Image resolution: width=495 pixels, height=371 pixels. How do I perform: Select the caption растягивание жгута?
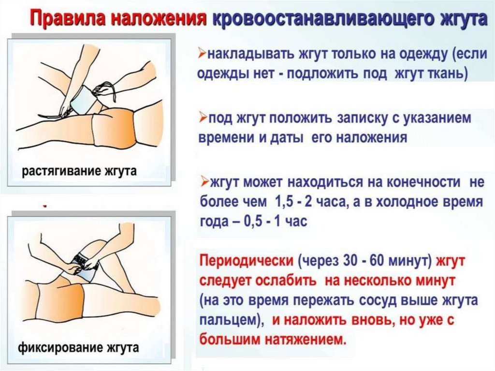pos(79,172)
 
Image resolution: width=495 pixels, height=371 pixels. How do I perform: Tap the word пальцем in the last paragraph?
pos(229,321)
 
